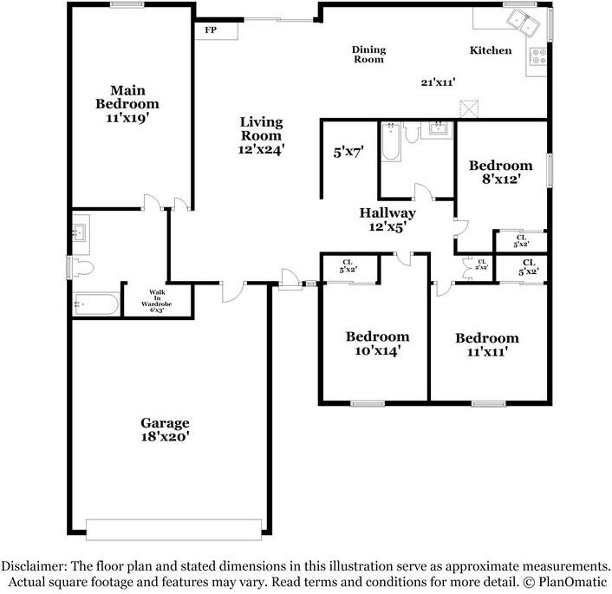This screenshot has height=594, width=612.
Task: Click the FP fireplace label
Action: pyautogui.click(x=210, y=30)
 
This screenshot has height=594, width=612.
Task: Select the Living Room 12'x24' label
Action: pyautogui.click(x=261, y=135)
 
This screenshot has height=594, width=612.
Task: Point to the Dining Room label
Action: pyautogui.click(x=368, y=55)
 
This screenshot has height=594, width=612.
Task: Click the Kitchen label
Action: pyautogui.click(x=491, y=51)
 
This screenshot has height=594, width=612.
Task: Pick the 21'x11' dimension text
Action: pyautogui.click(x=439, y=82)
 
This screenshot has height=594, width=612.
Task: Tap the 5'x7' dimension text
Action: pyautogui.click(x=348, y=152)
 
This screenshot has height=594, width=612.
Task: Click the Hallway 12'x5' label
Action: pyautogui.click(x=387, y=219)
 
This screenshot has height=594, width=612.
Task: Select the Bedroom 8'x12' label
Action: pyautogui.click(x=500, y=173)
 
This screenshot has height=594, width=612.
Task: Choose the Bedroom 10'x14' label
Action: pyautogui.click(x=377, y=343)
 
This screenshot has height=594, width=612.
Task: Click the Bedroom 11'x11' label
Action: pyautogui.click(x=487, y=344)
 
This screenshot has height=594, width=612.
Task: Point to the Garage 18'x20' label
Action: pyautogui.click(x=165, y=430)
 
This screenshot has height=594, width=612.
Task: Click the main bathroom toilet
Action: pyautogui.click(x=81, y=266)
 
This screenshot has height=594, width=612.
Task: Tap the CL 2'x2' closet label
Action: pyautogui.click(x=481, y=265)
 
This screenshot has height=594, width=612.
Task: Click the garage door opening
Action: pyautogui.click(x=173, y=529)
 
